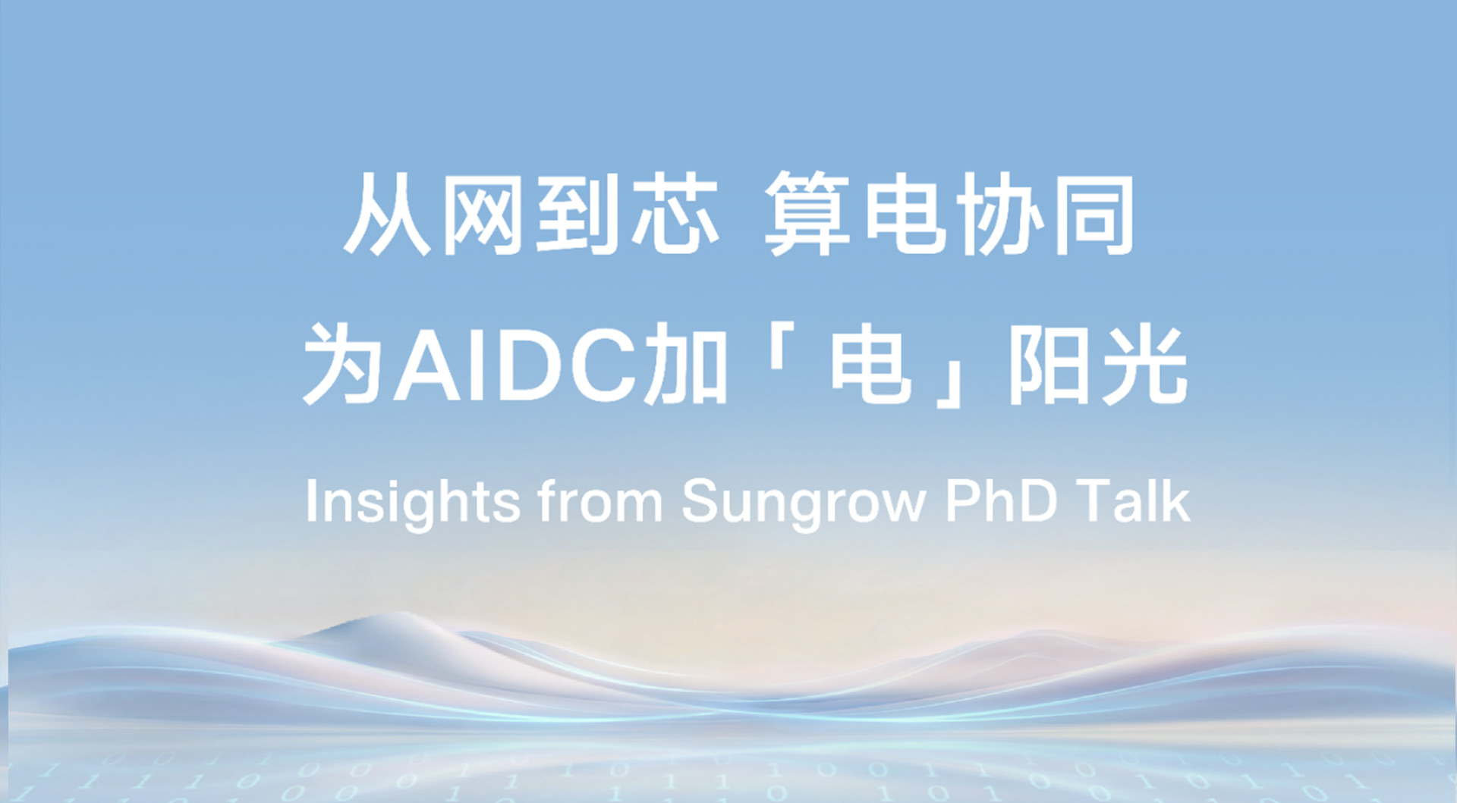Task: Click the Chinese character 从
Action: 387,215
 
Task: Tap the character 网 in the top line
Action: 483,215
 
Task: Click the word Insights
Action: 412,503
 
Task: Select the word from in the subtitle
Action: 599,501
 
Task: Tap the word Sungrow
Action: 804,503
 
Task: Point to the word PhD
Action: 1001,501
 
